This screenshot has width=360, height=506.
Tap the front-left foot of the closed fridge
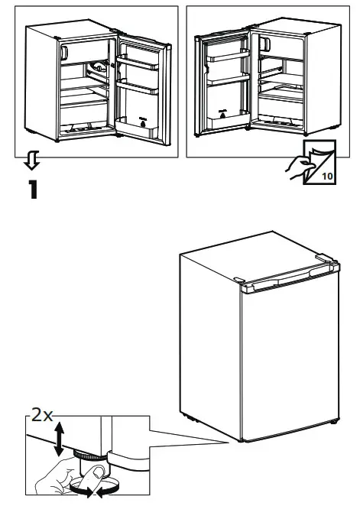pos(241,441)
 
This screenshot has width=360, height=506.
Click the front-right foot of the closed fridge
pos(333,421)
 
